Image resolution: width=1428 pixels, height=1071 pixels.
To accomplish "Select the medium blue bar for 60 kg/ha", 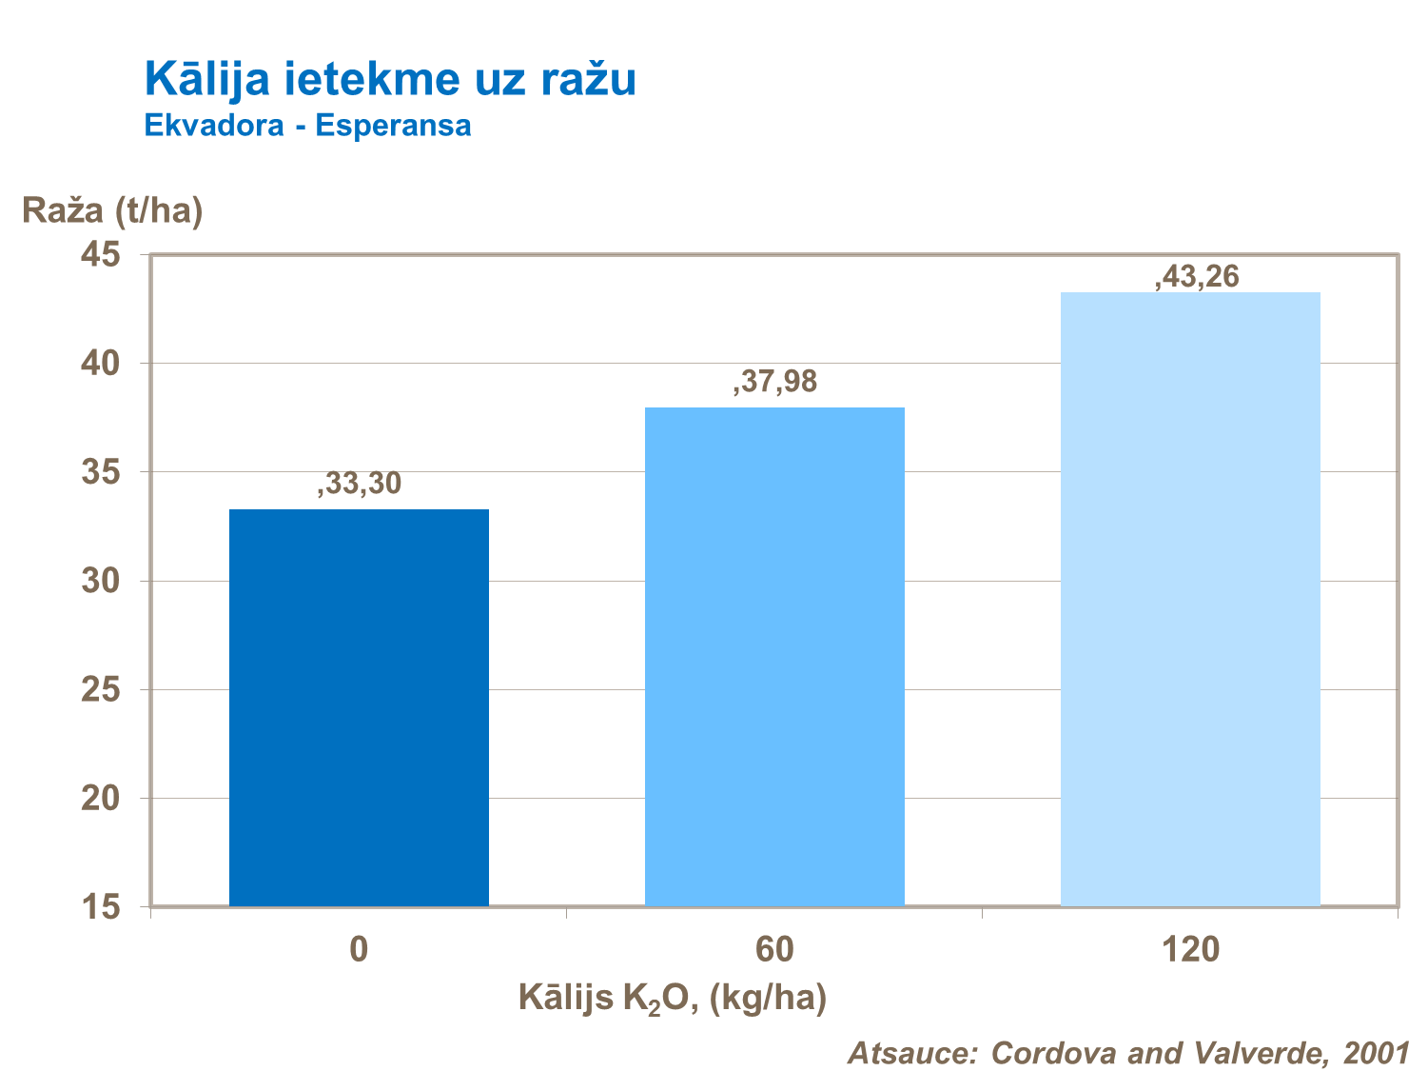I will pos(774,657).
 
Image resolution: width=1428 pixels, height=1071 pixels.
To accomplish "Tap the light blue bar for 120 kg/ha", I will pos(1190,599).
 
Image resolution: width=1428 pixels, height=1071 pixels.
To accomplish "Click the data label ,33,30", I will pos(360,484).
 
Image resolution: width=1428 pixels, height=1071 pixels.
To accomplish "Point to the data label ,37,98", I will pos(774,382).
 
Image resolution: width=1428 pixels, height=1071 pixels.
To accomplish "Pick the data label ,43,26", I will pos(1197,277).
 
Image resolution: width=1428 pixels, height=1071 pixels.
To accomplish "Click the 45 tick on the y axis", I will pos(101,255).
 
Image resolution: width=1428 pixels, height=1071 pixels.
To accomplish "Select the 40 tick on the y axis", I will pos(101,364).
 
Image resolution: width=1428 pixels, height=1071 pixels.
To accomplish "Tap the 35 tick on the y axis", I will pos(101,472).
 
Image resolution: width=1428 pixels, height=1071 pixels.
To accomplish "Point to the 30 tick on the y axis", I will pos(101,581).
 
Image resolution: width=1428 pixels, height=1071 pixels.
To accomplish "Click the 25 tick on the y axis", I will pos(101,689).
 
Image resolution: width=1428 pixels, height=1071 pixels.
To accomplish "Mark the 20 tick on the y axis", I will pos(101,798).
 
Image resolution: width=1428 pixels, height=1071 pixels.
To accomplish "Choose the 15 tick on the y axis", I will pos(101,906).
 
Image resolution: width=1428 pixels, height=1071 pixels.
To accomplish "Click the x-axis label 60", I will pos(774,949).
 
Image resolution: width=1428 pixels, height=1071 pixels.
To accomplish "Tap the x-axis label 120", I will pos(1190,949).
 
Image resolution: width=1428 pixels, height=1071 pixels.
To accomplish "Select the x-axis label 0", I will pos(359,949).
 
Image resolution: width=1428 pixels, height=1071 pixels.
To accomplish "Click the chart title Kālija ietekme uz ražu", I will pos(390,78).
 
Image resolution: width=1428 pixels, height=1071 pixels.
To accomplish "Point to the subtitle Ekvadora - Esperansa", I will pos(307,126).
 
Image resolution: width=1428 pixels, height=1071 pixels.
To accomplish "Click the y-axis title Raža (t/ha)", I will pos(112,209).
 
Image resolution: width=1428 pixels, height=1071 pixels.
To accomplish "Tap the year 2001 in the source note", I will pos(1376,1052).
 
